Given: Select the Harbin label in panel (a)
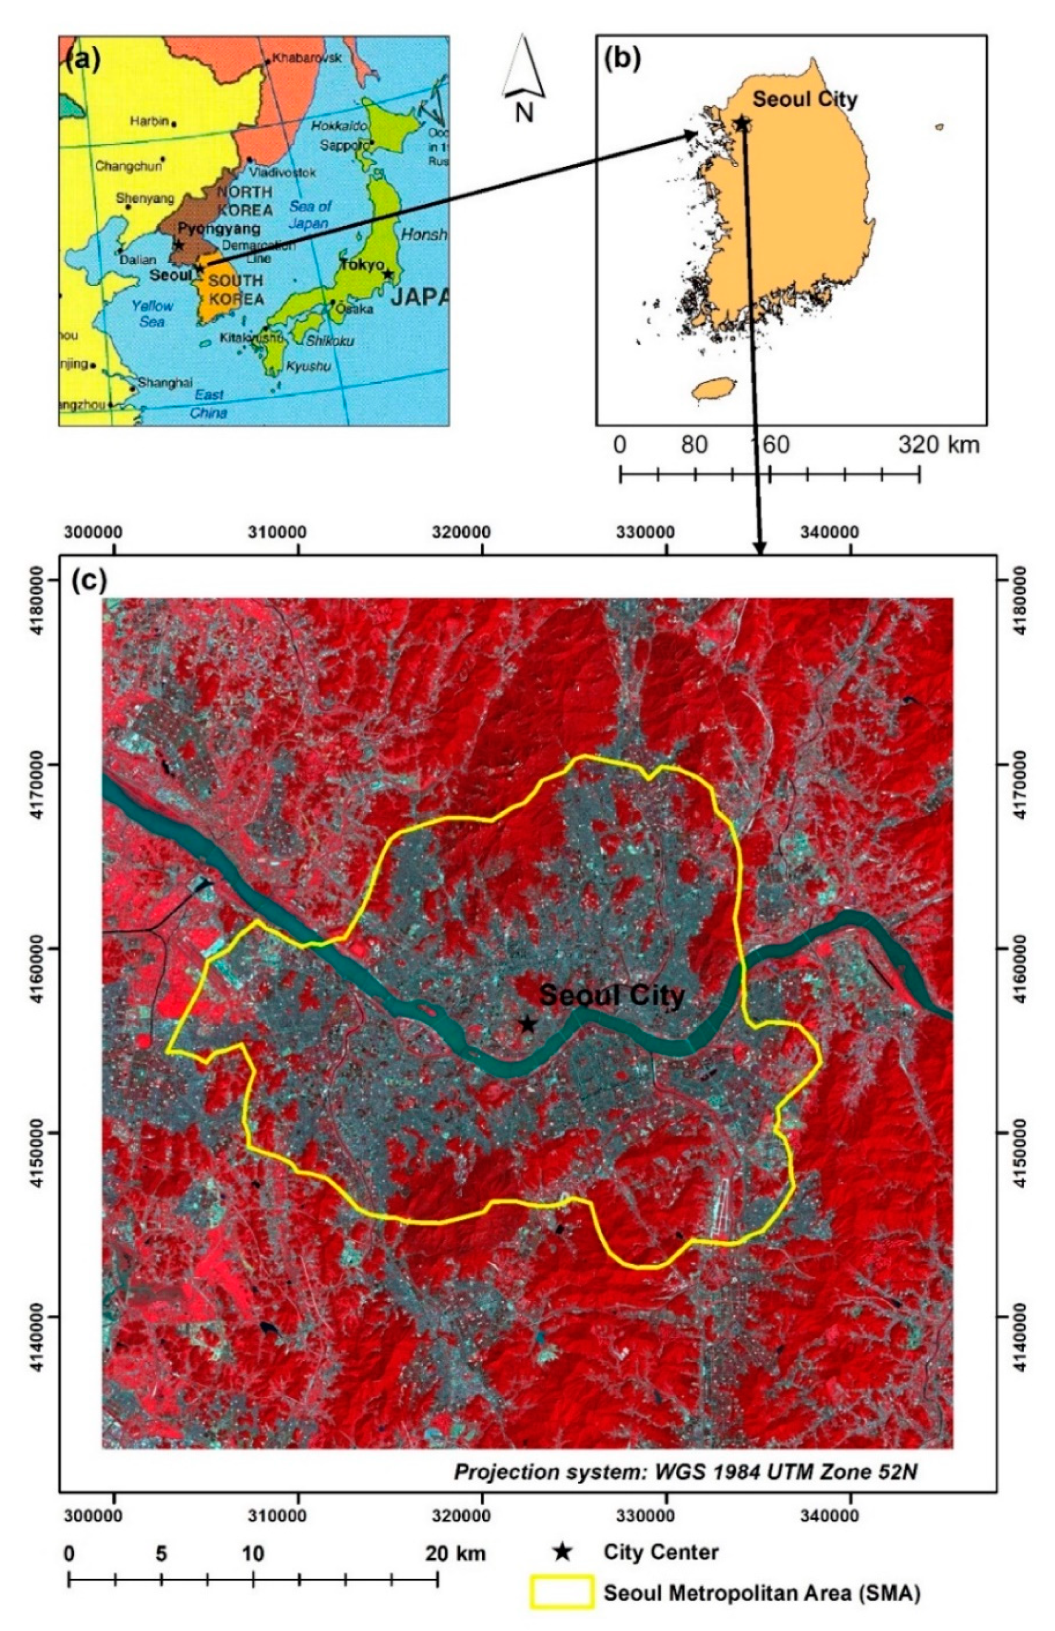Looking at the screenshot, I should (149, 121).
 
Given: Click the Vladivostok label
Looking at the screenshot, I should (282, 173).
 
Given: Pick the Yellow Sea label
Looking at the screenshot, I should (152, 313).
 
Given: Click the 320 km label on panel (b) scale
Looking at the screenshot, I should (939, 445).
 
